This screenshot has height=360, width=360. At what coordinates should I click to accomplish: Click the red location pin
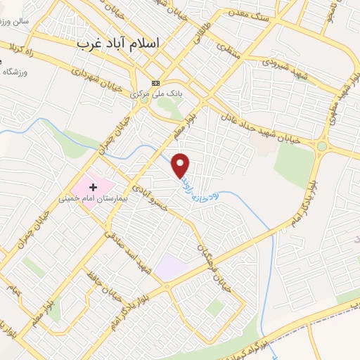[x=181, y=165]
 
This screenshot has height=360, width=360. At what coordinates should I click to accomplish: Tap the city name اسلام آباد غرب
[x=117, y=43]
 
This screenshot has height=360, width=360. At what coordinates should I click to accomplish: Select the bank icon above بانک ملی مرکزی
[x=155, y=82]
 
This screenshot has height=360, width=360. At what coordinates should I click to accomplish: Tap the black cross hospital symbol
[x=93, y=187]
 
